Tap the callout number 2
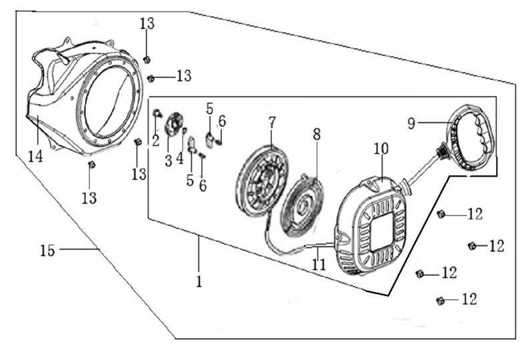(155, 140)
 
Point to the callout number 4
(180, 159)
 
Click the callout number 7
(271, 122)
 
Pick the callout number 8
(316, 133)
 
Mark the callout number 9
(411, 123)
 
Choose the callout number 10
(380, 149)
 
